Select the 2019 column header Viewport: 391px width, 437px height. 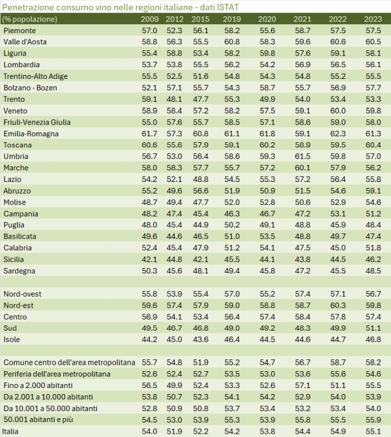click(x=232, y=19)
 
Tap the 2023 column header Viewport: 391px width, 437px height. click(x=373, y=19)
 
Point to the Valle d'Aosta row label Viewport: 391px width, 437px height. click(x=25, y=42)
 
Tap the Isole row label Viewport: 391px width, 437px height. click(x=13, y=339)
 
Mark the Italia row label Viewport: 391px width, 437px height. click(x=13, y=430)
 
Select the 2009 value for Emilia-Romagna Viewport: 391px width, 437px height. click(x=150, y=133)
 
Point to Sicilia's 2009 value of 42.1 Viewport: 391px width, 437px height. click(x=150, y=259)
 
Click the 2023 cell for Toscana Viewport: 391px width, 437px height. click(x=373, y=145)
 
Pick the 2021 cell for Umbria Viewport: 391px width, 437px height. click(x=302, y=156)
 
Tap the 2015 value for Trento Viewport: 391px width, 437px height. click(x=200, y=99)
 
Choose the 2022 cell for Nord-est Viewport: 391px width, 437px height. click(x=338, y=305)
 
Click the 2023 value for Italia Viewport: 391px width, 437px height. click(x=373, y=430)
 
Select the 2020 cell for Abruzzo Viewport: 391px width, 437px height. click(x=267, y=190)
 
